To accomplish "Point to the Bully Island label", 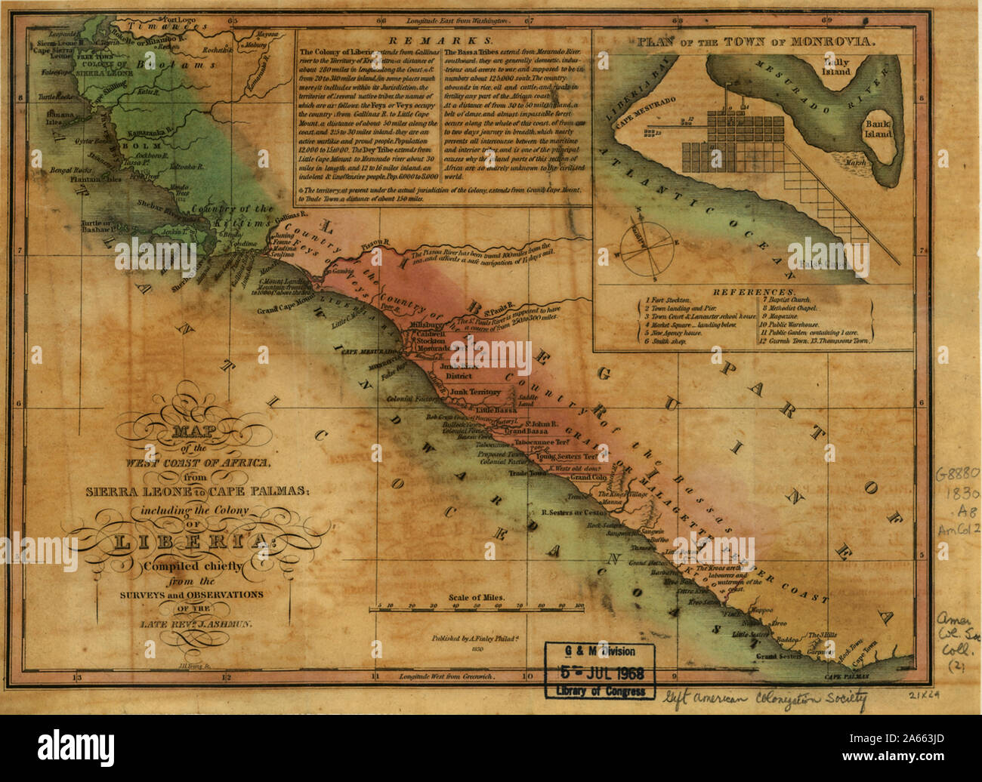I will pyautogui.click(x=837, y=66).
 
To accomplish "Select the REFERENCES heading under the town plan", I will pyautogui.click(x=752, y=291).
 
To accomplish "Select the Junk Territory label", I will pyautogui.click(x=475, y=392).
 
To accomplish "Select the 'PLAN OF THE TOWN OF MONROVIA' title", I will pyautogui.click(x=758, y=42).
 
